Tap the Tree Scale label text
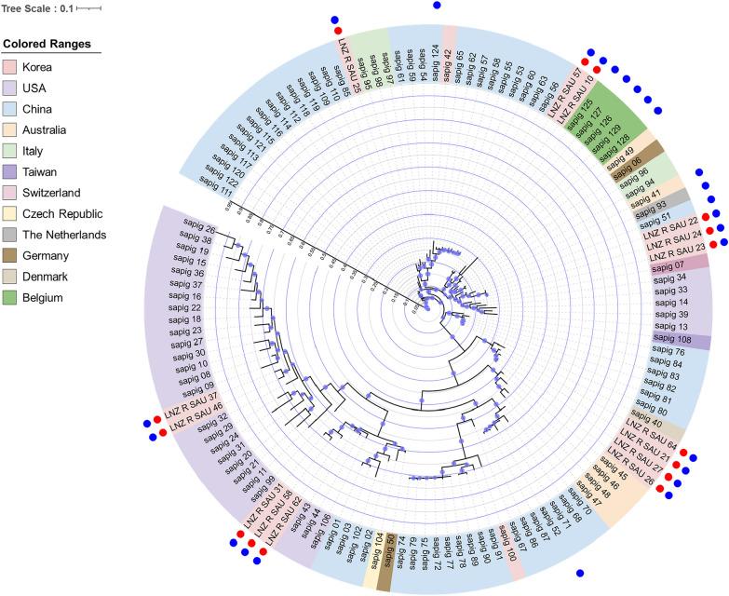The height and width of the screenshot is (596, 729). click(x=35, y=8)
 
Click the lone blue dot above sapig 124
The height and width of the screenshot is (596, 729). click(x=437, y=6)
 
